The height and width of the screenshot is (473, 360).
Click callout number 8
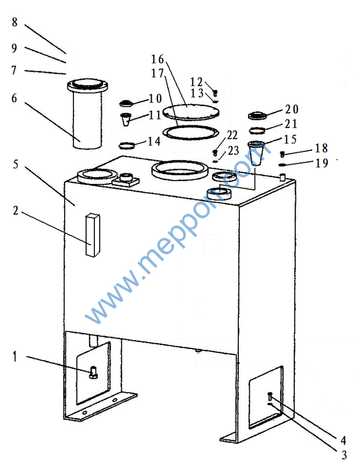[x=15, y=22]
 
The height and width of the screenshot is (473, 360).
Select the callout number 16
[x=157, y=59]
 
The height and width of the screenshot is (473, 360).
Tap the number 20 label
[x=292, y=109]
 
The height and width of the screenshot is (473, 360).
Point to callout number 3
[x=344, y=455]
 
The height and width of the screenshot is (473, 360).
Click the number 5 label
[x=16, y=164]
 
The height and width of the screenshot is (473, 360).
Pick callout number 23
[x=233, y=150]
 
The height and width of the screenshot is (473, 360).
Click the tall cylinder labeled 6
[x=87, y=114]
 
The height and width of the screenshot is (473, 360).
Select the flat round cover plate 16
[x=190, y=112]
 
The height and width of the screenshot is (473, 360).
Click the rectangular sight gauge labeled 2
[x=93, y=235]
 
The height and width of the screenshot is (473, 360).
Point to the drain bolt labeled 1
[x=93, y=372]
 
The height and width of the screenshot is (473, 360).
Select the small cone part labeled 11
[x=126, y=119]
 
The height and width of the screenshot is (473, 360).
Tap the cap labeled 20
[x=256, y=115]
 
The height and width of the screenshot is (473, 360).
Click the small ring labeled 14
[x=127, y=146]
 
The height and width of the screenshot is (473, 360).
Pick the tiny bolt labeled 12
[x=215, y=93]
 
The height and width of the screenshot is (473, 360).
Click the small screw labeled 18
[x=283, y=154]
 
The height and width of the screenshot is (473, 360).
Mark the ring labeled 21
[x=257, y=130]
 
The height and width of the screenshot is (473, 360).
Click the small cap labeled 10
[x=126, y=104]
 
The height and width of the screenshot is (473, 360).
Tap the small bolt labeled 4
[x=270, y=396]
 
